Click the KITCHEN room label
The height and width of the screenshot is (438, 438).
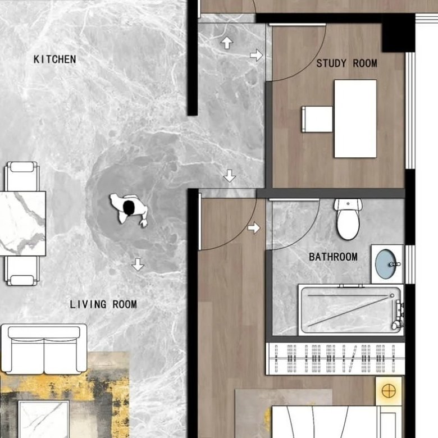55,59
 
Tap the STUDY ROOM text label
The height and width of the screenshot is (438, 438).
346,63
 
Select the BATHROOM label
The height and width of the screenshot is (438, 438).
333,257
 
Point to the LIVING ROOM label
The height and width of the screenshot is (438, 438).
103,304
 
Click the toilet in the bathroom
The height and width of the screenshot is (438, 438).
348,219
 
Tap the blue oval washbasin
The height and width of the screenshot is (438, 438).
386,264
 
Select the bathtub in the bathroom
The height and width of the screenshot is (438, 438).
351,310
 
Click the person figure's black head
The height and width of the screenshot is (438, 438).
129,208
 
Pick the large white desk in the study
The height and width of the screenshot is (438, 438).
355,118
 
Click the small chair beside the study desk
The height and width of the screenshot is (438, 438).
317,119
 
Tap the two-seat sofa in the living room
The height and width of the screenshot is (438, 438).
44,349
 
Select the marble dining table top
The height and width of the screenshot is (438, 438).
22,223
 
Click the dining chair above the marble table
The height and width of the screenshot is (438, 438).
22,176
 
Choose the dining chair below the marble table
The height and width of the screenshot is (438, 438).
22,271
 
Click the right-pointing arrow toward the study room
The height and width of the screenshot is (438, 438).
257,55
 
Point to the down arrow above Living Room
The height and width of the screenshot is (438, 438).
138,264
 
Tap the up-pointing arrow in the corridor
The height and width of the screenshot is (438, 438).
227,43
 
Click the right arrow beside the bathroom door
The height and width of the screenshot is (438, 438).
254,228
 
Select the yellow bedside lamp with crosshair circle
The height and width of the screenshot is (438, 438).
389,391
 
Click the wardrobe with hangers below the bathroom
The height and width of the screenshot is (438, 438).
335,359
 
